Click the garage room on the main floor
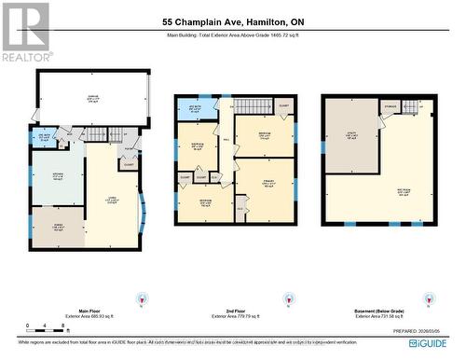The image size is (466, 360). click(x=91, y=101)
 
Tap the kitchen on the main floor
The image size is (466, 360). click(x=58, y=178)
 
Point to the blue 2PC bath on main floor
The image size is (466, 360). click(x=43, y=142)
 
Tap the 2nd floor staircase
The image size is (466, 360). click(x=247, y=107)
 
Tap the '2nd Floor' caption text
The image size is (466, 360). click(x=233, y=313)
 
